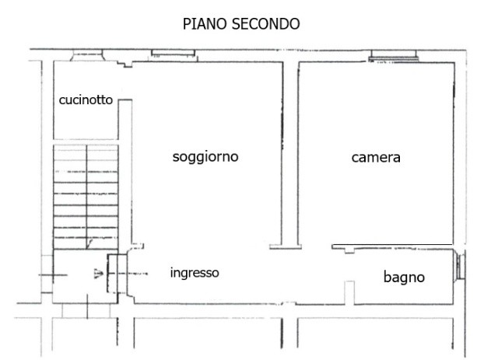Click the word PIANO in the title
pyautogui.click(x=205, y=24)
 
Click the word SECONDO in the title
pyautogui.click(x=266, y=24)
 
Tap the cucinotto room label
pyautogui.click(x=86, y=100)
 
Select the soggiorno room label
pyautogui.click(x=205, y=157)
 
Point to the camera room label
pyautogui.click(x=376, y=158)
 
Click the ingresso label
pyautogui.click(x=195, y=273)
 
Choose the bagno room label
pyautogui.click(x=404, y=277)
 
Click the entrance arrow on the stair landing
pyautogui.click(x=99, y=274)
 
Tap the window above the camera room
pyautogui.click(x=394, y=55)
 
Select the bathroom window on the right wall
pyautogui.click(x=460, y=264)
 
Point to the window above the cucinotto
pyautogui.click(x=87, y=55)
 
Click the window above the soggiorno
pyautogui.click(x=173, y=54)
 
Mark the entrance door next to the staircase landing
pyautogui.click(x=117, y=274)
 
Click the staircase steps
pyautogui.click(x=86, y=197)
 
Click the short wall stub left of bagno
pyautogui.click(x=349, y=292)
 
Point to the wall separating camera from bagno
pyautogui.click(x=392, y=246)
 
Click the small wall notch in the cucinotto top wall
pyautogui.click(x=126, y=64)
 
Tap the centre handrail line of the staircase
pyautogui.click(x=86, y=197)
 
